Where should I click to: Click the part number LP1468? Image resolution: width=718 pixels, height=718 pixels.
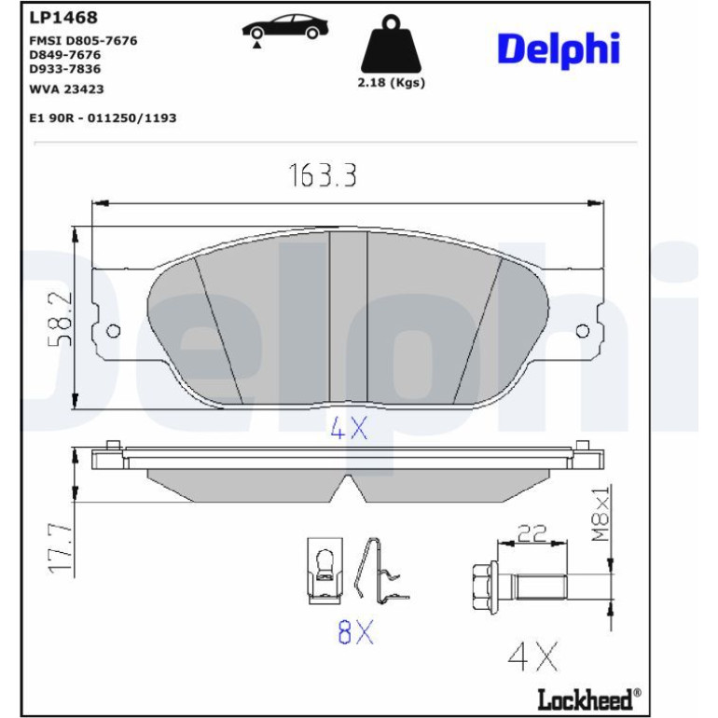click(63, 18)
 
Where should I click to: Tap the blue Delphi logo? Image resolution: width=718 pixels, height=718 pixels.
click(559, 50)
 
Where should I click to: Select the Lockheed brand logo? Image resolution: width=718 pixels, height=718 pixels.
click(589, 698)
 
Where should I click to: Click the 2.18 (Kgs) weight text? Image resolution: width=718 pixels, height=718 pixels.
click(391, 83)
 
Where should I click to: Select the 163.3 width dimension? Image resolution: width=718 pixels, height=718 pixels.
click(323, 175)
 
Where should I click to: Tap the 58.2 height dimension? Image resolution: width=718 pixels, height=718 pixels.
click(61, 319)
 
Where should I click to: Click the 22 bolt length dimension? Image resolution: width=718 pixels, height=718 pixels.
click(532, 533)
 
